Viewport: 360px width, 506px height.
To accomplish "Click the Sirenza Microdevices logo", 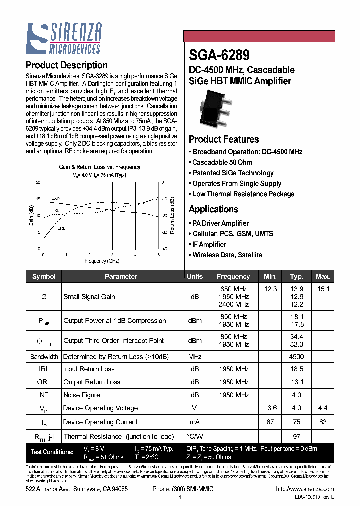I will tap(64, 38).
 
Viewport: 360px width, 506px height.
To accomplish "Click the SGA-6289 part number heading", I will tap(219, 54).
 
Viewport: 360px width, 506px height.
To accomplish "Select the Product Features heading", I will tap(224, 139).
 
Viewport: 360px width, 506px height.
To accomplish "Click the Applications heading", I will tap(214, 209).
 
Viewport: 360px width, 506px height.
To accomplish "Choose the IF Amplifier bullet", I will tap(209, 244).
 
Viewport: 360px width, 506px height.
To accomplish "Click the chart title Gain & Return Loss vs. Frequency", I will tap(100, 167).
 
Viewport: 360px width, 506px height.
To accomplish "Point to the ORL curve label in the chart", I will tap(61, 228).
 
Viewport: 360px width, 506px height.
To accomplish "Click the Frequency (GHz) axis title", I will tap(102, 261).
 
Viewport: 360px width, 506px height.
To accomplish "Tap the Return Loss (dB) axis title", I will tap(172, 215).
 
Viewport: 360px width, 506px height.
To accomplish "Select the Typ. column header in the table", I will tap(297, 276).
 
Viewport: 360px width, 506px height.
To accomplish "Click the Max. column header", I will tap(323, 276).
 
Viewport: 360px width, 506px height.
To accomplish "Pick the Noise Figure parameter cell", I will tap(82, 395).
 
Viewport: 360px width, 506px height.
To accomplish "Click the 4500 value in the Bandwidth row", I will tap(297, 357).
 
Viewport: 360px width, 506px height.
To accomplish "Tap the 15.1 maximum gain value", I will tap(323, 289).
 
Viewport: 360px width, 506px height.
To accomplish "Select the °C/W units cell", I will tap(195, 436).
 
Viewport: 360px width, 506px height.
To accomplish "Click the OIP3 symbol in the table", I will tap(44, 341).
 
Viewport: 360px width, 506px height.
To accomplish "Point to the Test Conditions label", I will tap(52, 452).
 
